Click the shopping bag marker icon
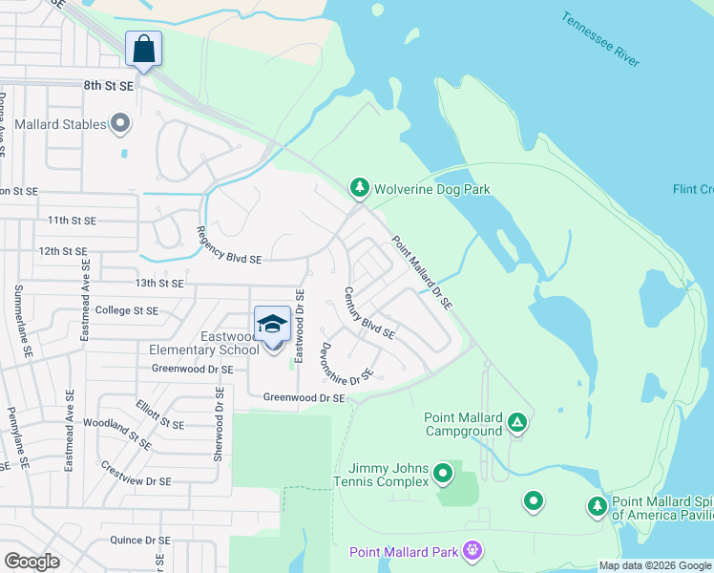pos(143,48)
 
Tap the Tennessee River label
pos(599,39)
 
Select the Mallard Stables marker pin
pos(120,123)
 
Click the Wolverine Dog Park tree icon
pos(359,188)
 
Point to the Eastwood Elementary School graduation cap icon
pos(272,324)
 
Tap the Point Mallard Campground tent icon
pos(516,421)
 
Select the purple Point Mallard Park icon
pos(471,550)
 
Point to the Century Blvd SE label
pos(369,313)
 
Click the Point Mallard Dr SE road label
pos(420,273)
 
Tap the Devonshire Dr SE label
pos(346,364)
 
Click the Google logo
pos(32,562)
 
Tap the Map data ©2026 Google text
pos(654,565)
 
